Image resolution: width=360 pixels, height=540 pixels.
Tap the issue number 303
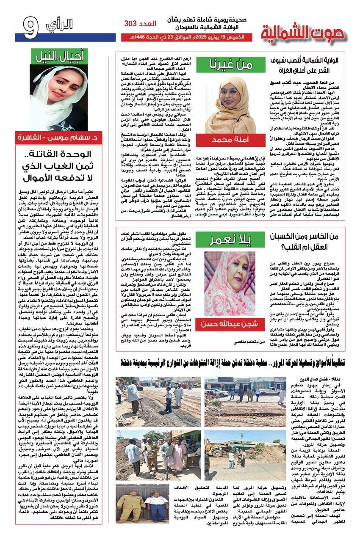pos(135,24)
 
